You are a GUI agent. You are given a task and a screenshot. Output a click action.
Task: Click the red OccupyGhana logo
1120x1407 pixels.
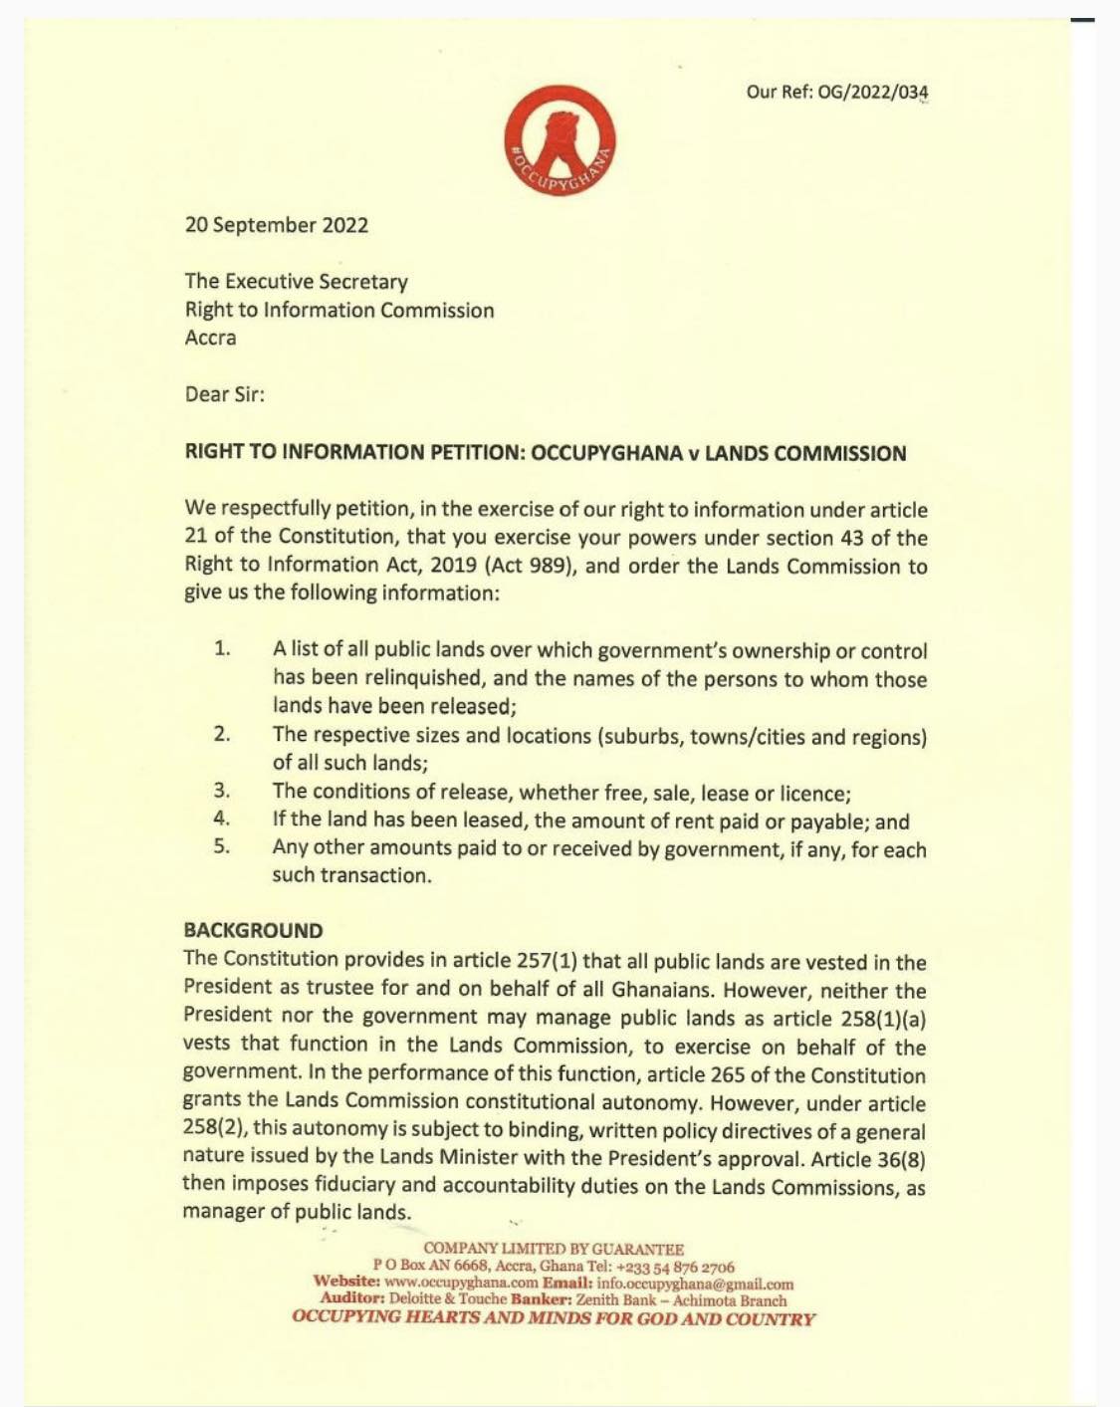(x=560, y=140)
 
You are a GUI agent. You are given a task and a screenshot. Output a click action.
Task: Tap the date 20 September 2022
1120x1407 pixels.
(x=277, y=225)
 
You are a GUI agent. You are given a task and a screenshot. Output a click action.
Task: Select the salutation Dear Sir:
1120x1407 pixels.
(x=225, y=394)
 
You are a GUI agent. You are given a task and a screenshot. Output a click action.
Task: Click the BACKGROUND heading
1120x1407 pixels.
(x=253, y=931)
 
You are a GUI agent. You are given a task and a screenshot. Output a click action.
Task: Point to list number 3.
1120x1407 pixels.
(x=222, y=792)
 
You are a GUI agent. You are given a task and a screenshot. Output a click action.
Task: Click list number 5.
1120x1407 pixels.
(x=222, y=847)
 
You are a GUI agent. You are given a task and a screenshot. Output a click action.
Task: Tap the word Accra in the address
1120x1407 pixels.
(x=211, y=338)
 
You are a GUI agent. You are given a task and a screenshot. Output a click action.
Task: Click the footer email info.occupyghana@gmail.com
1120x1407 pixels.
(x=695, y=1285)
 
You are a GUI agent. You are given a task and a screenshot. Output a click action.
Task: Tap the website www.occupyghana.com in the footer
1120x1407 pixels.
(x=461, y=1285)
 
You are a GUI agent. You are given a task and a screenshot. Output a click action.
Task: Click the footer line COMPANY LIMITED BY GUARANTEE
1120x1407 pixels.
(x=554, y=1249)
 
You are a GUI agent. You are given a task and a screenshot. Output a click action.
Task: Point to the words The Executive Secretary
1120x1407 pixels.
(x=297, y=282)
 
